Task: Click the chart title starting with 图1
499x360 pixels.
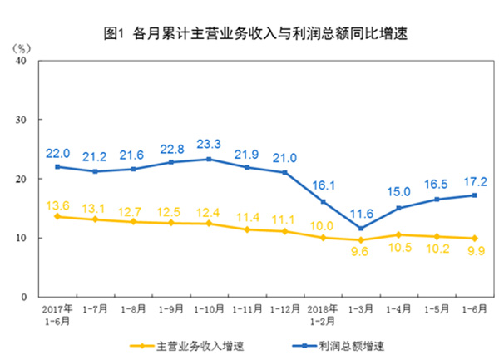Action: [x=249, y=34]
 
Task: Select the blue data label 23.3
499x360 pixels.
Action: [x=208, y=143]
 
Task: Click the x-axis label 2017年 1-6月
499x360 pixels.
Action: [x=56, y=313]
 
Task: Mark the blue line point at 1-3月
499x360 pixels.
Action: [x=359, y=228]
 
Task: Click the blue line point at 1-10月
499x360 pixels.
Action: [x=207, y=159]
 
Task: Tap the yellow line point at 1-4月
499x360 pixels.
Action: [x=398, y=234]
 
